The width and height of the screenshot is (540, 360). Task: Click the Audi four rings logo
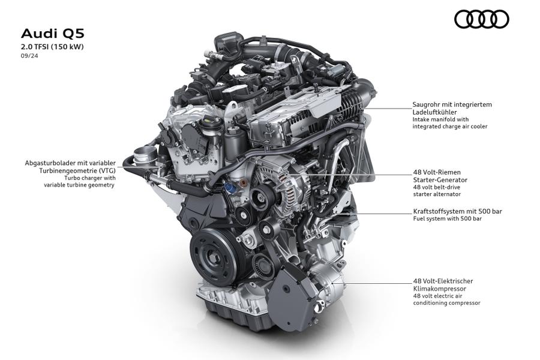[x=481, y=19]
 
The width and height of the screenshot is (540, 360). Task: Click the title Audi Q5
[x=53, y=34]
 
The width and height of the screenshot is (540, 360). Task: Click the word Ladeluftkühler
[x=435, y=112]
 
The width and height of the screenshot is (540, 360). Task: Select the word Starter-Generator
[x=440, y=180]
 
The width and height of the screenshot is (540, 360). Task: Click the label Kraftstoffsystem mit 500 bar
[x=457, y=211]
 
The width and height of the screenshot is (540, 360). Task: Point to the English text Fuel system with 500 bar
[x=447, y=219]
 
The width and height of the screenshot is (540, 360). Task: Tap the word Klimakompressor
[x=439, y=289]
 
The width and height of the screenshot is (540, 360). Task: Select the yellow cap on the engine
[x=208, y=121]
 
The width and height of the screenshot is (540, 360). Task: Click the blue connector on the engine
[x=230, y=188]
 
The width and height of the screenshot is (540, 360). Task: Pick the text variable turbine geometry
[x=79, y=185]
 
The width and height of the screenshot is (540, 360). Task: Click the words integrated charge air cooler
[x=450, y=127]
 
